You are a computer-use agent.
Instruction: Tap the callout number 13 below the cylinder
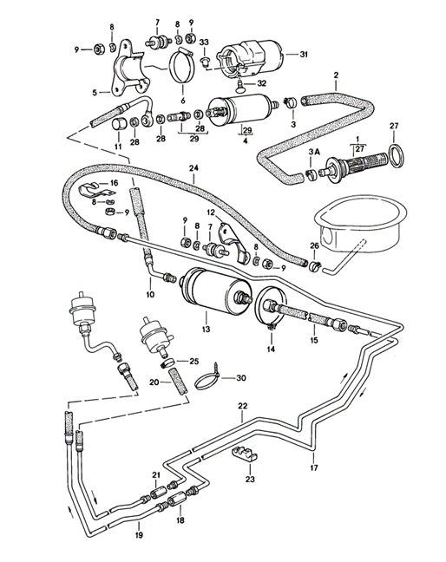[206, 330]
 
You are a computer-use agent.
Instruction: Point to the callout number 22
[243, 407]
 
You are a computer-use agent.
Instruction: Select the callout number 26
[314, 246]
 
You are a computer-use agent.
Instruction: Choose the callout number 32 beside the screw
[260, 83]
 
